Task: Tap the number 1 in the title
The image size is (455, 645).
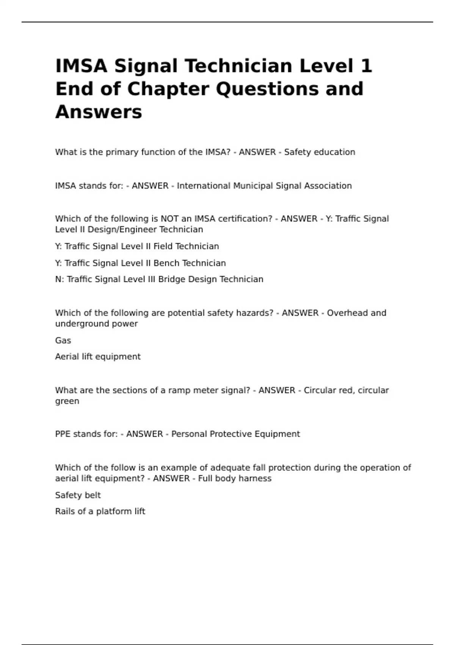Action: tap(366, 66)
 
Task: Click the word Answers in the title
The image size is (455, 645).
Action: tap(99, 112)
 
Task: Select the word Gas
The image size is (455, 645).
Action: tap(63, 340)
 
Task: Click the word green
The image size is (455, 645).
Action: tap(67, 401)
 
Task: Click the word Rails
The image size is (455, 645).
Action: tap(65, 511)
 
